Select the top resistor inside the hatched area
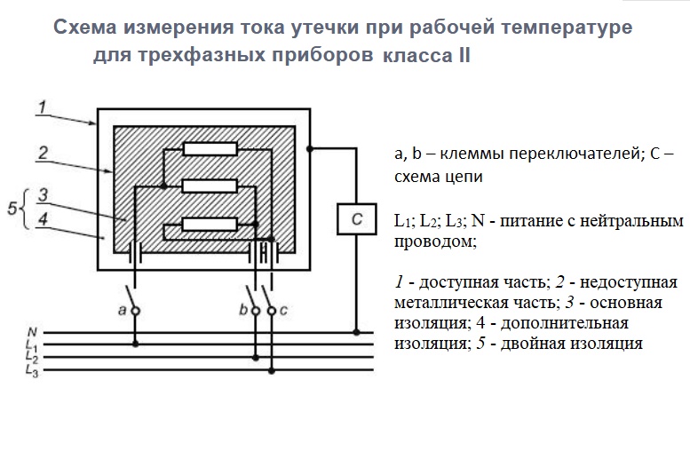[x=210, y=149]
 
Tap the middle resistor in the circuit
[x=210, y=186]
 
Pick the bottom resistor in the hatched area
[x=210, y=224]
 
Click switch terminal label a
[x=120, y=310]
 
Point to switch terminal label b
[x=242, y=310]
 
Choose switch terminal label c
[x=282, y=310]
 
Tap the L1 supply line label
[x=32, y=344]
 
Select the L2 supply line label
[x=32, y=356]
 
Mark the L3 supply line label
[x=32, y=368]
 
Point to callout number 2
[x=42, y=153]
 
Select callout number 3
[x=42, y=195]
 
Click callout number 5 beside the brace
[x=11, y=209]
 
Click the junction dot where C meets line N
[x=356, y=333]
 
